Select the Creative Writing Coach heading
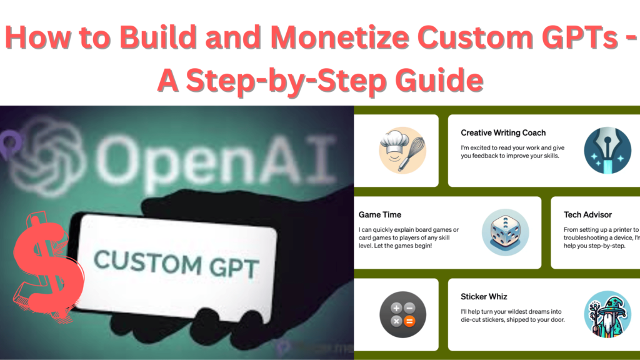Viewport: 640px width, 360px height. (x=503, y=132)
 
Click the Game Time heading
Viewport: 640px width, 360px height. (x=380, y=214)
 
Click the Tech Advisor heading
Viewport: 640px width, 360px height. (x=587, y=214)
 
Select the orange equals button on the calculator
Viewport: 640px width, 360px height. (x=410, y=321)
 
